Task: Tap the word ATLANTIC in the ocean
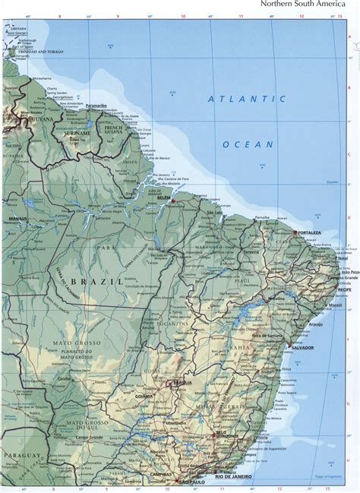(x=249, y=99)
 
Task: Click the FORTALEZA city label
(x=309, y=233)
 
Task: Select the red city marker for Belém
(x=173, y=201)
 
